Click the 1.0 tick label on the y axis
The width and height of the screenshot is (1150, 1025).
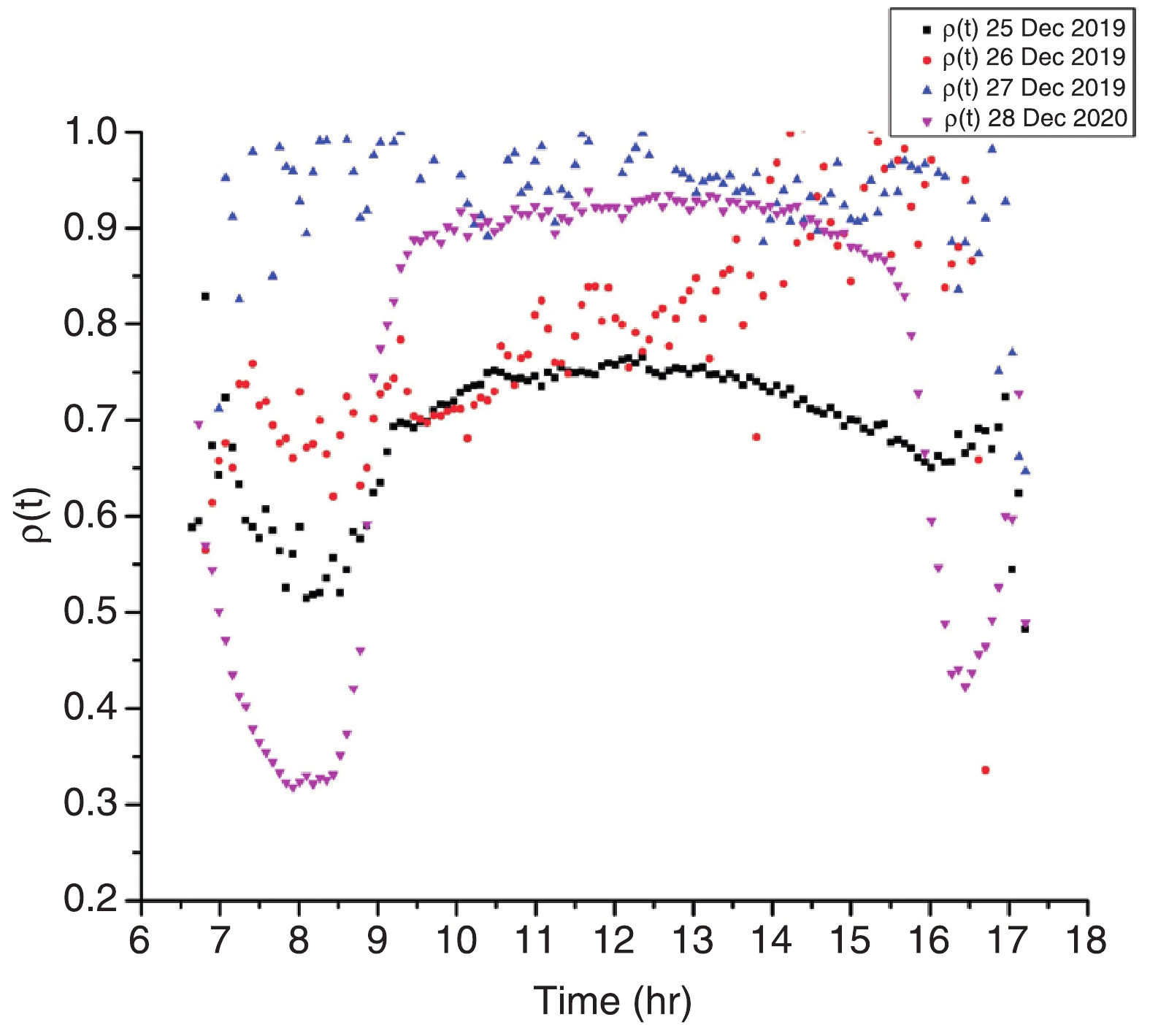pos(91,133)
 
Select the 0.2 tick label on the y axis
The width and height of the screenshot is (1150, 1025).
pos(91,899)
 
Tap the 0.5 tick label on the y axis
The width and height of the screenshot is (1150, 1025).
pos(91,612)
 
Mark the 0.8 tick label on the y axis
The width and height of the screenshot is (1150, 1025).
pos(91,324)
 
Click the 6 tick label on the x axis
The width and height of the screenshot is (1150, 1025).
pos(139,940)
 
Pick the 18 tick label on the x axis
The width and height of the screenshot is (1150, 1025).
pos(1086,940)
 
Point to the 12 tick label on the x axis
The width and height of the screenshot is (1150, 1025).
pos(614,940)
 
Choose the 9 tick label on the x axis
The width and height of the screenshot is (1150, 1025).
pos(377,940)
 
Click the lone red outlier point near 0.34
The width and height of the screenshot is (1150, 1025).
pos(985,770)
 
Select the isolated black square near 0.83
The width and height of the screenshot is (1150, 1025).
pos(205,296)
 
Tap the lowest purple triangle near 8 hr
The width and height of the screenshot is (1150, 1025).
pos(293,788)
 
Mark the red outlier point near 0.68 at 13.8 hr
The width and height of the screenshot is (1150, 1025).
pos(756,437)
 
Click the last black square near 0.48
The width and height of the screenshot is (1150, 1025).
pos(1024,629)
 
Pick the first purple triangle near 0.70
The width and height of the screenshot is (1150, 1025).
pos(199,425)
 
